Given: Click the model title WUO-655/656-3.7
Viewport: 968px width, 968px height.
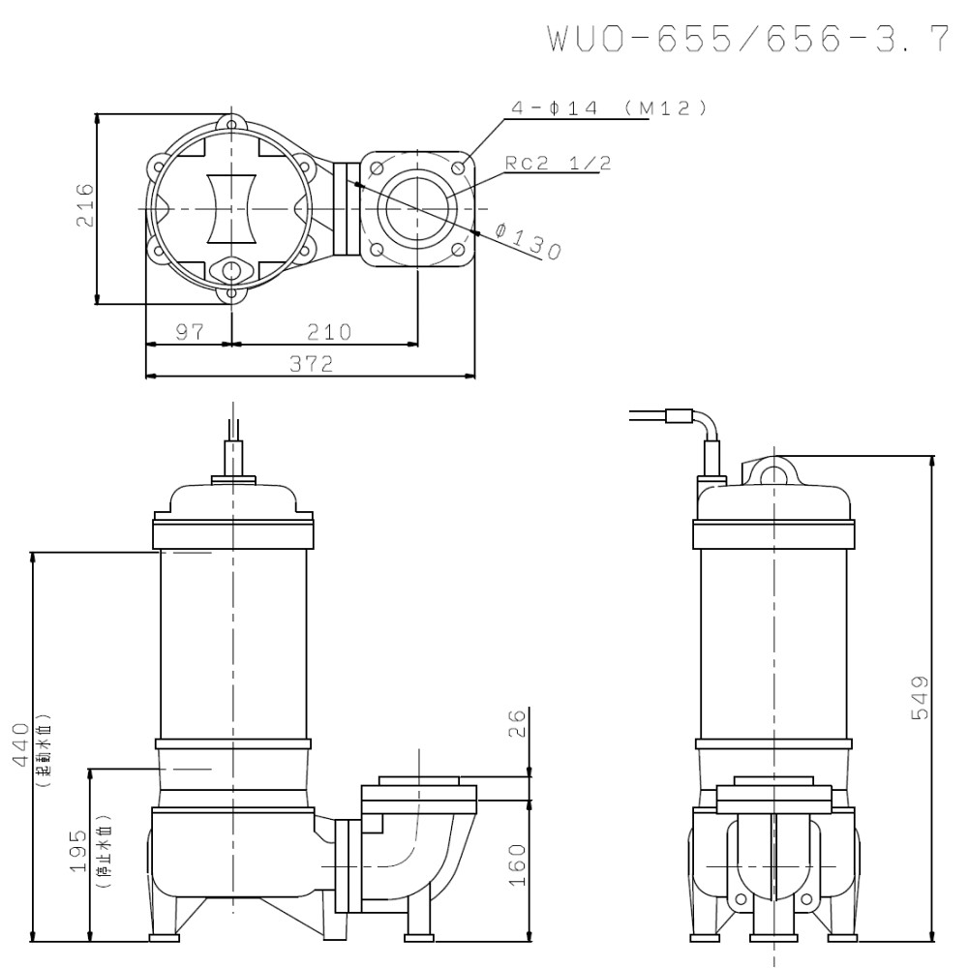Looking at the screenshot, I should click(746, 39).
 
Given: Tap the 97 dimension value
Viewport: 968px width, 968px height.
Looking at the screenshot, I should click(190, 332).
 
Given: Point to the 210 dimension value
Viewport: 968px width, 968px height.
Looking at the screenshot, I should click(329, 332).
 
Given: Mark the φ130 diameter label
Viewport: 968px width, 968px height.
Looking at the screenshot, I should click(528, 242).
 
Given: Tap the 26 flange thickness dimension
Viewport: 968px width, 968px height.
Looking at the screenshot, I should click(517, 723).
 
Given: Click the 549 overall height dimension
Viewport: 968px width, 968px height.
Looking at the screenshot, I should click(921, 697).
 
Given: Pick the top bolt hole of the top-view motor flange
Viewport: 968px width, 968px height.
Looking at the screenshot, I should click(231, 123).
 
